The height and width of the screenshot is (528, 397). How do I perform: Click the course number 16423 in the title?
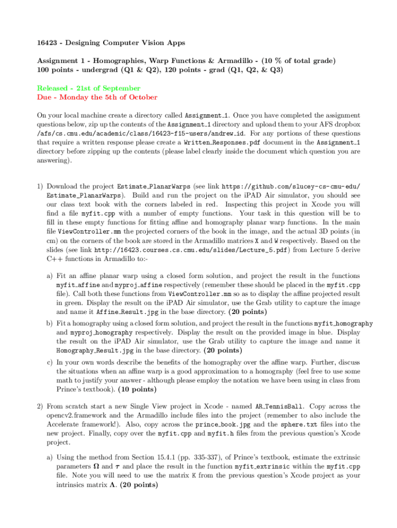point(47,42)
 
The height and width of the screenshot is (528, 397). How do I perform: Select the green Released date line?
point(89,88)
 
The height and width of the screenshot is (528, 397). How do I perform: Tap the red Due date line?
point(97,97)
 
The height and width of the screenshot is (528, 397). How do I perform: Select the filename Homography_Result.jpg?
point(89,350)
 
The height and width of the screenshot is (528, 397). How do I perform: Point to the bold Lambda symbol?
point(112,485)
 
